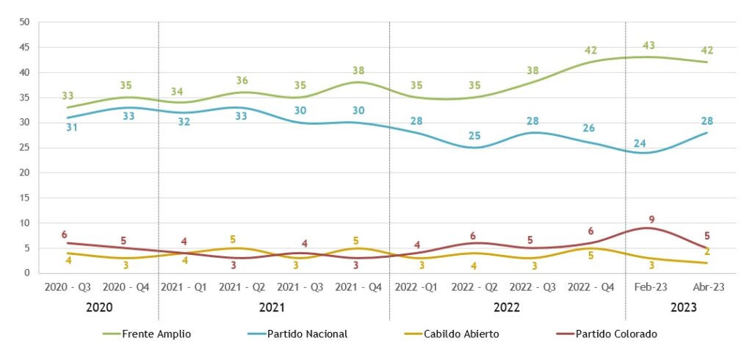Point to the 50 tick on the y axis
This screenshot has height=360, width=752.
24,22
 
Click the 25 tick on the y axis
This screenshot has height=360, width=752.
24,148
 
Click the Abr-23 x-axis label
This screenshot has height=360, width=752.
707,287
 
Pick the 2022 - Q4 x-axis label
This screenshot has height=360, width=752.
590,287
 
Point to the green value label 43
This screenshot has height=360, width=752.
649,46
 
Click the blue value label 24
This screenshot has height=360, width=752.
640,143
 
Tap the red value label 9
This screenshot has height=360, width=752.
651,219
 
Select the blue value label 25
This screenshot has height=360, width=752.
475,136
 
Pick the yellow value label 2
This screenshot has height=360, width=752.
707,251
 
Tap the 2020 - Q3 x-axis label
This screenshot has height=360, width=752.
68,287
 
